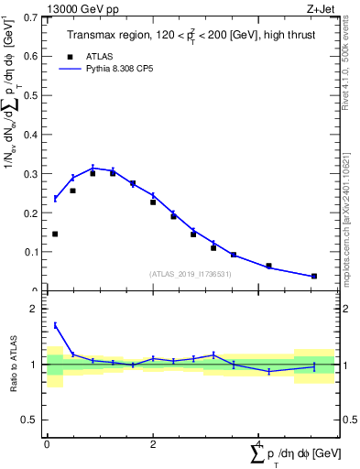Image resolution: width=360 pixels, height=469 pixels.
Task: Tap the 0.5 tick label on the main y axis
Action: click(x=28, y=95)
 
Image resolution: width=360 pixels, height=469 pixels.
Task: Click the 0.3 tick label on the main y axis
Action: click(x=28, y=174)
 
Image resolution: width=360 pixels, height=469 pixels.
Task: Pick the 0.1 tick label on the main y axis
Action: click(x=28, y=252)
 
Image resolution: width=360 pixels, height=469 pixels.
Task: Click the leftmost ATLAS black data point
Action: click(x=55, y=234)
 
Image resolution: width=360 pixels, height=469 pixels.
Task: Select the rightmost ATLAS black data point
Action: click(x=314, y=276)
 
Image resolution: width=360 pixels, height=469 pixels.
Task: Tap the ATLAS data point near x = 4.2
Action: click(x=268, y=266)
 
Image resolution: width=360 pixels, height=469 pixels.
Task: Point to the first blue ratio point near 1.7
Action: click(x=55, y=325)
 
